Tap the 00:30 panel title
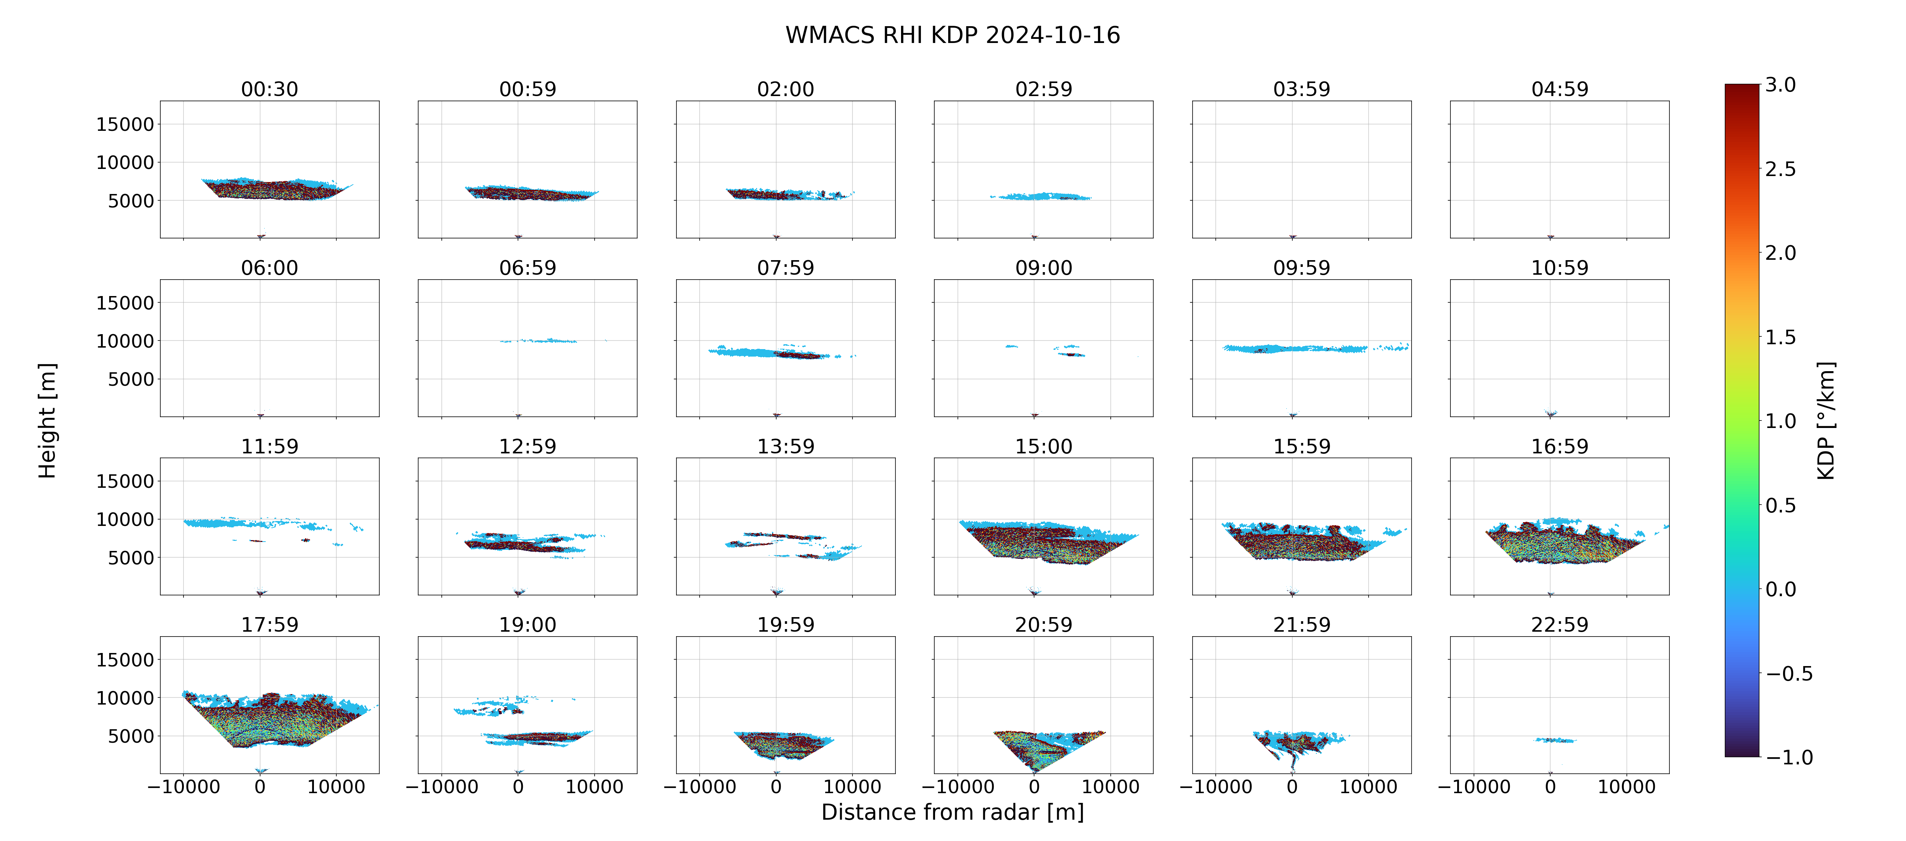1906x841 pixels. point(269,90)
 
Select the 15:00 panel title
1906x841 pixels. point(1043,446)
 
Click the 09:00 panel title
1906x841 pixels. point(1043,268)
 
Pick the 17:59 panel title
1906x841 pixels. point(269,625)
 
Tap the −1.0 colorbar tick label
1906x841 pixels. point(1789,757)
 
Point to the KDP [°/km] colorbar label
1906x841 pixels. point(1826,420)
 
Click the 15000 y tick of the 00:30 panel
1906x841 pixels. point(125,124)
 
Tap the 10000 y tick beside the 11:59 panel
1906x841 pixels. point(125,520)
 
